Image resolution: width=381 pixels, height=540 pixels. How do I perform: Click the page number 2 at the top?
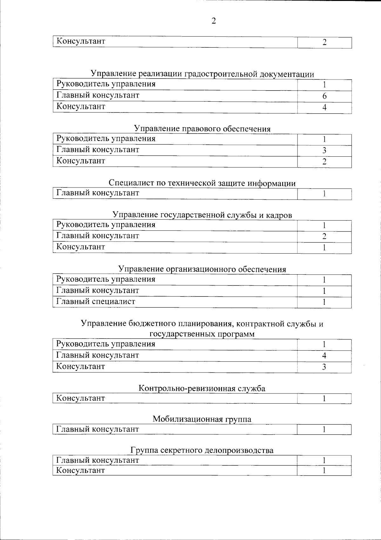213,21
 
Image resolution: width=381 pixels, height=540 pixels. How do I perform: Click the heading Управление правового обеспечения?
202,129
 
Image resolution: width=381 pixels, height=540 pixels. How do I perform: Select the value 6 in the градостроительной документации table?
324,96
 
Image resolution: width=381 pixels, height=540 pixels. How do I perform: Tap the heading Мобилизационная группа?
202,419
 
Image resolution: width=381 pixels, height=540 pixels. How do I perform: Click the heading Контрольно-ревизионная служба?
202,388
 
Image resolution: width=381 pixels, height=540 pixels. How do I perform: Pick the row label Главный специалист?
96,301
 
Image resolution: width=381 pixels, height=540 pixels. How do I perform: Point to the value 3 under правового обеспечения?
324,150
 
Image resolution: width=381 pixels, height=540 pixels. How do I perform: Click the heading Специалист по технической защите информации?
202,183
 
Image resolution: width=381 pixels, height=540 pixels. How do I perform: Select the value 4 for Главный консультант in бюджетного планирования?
324,355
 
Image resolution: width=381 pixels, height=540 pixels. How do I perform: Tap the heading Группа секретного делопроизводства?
202,450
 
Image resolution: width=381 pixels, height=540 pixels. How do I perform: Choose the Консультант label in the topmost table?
81,41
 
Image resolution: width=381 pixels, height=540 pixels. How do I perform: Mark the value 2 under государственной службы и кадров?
324,236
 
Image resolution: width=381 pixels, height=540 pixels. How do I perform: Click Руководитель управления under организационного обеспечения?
106,279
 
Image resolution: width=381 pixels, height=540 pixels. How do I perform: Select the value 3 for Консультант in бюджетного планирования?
324,367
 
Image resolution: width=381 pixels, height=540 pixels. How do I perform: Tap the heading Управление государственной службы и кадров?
202,215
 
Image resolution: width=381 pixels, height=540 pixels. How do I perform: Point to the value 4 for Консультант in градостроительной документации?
324,107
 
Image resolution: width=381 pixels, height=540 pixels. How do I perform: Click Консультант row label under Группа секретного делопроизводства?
80,470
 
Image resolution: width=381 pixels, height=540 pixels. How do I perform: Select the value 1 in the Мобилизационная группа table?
324,430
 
